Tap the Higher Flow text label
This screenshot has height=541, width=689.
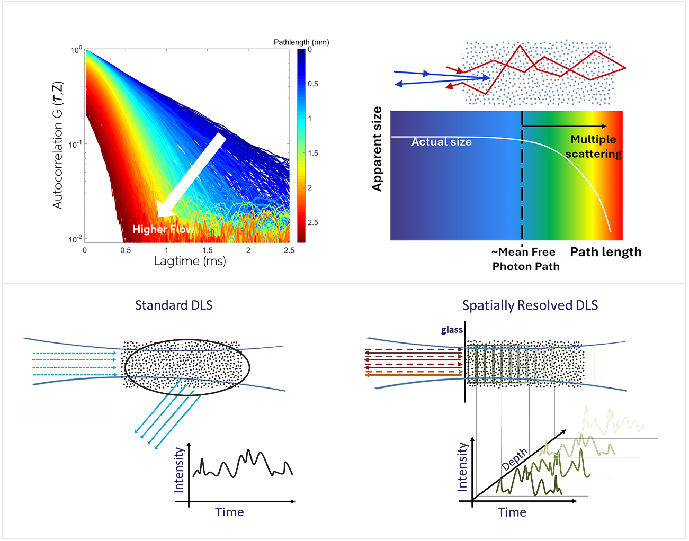[x=163, y=229]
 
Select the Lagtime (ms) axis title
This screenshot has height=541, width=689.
[x=190, y=261]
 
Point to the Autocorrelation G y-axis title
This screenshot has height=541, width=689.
[x=58, y=145]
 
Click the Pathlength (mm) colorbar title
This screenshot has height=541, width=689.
[x=301, y=42]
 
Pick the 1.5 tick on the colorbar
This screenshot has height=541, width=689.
[x=313, y=153]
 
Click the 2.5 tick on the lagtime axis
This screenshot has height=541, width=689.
[x=289, y=250]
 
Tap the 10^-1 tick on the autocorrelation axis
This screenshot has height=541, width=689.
[x=75, y=145]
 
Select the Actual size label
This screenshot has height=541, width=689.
[x=441, y=142]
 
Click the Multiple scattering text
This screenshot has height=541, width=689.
[x=593, y=147]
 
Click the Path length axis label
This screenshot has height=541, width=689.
[x=605, y=252]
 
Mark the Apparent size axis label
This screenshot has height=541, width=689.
[x=377, y=149]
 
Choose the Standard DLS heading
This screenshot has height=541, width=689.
[x=174, y=305]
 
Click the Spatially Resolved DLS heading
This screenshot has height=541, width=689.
[x=530, y=305]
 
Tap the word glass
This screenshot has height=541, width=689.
[x=452, y=330]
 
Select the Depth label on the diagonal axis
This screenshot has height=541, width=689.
[x=515, y=459]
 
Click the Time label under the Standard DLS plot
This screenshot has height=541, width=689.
[x=229, y=512]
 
